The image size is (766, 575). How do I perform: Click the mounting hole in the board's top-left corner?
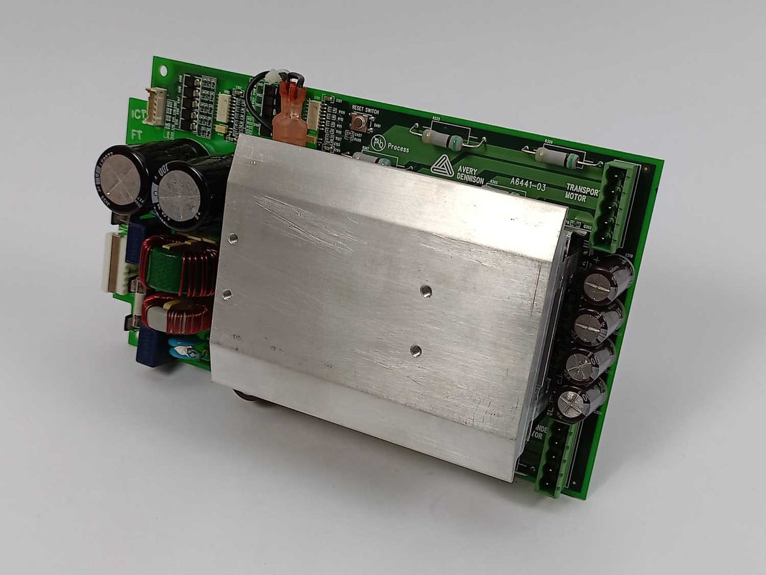pos(163,71)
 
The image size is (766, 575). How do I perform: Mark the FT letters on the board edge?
pos(136,134)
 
